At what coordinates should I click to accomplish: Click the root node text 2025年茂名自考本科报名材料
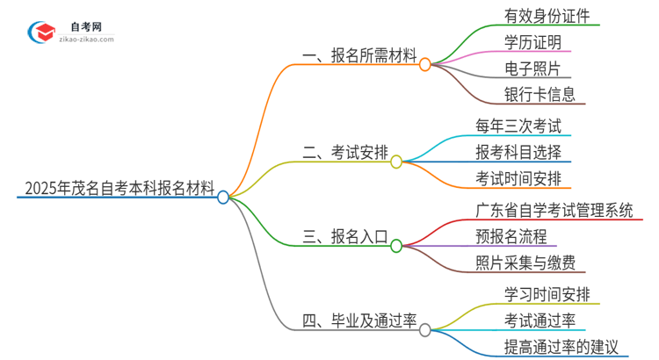tap(119, 187)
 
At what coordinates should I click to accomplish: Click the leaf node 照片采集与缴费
tap(525, 263)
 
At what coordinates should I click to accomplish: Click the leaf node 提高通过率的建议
tap(543, 347)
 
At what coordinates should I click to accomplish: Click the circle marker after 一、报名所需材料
tap(425, 64)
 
